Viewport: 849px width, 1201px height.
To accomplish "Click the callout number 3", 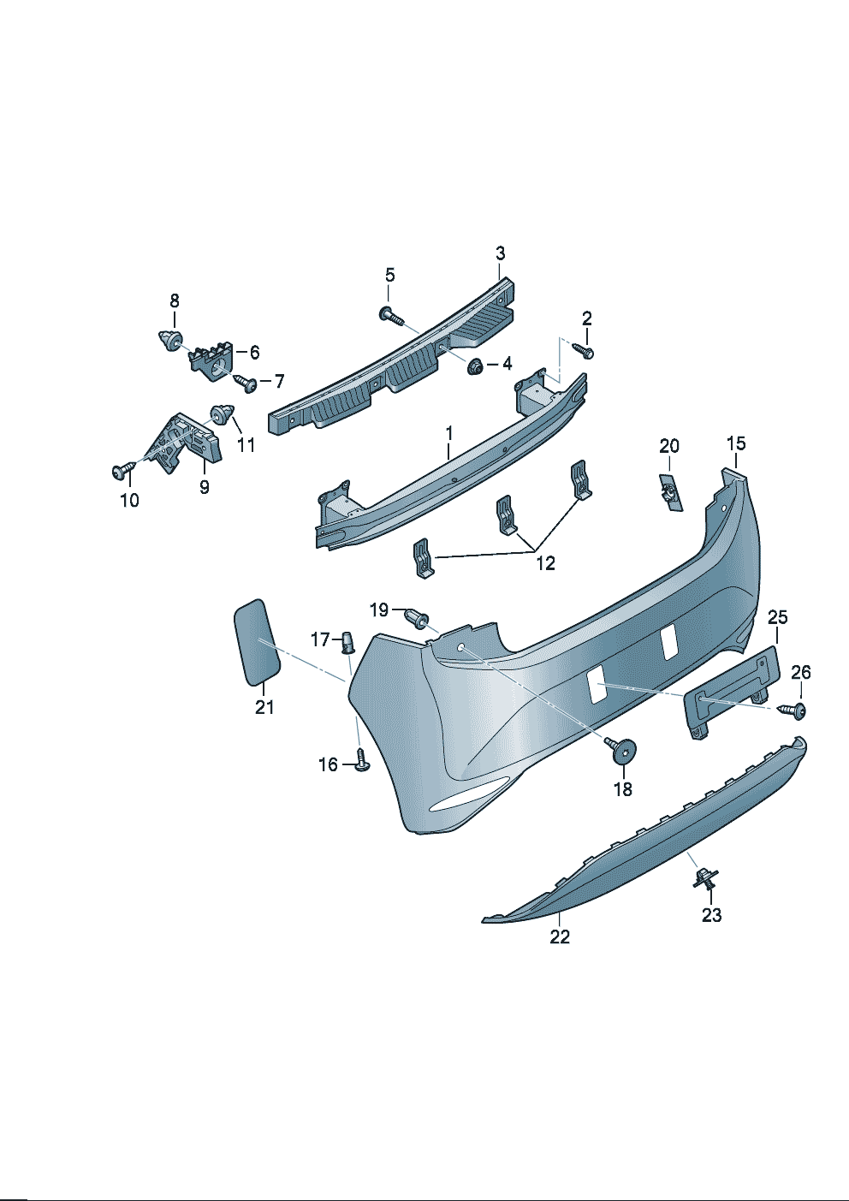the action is tap(500, 253).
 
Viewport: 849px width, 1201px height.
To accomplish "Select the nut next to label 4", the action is tap(474, 366).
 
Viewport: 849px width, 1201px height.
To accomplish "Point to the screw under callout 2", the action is tap(583, 351).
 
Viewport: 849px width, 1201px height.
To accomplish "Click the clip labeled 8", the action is tap(170, 341).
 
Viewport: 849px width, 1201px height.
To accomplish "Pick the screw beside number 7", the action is tap(246, 383).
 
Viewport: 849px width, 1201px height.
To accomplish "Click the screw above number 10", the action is tap(122, 471).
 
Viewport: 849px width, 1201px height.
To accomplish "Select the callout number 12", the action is tap(545, 563).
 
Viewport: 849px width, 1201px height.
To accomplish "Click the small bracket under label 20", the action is tap(670, 491).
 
